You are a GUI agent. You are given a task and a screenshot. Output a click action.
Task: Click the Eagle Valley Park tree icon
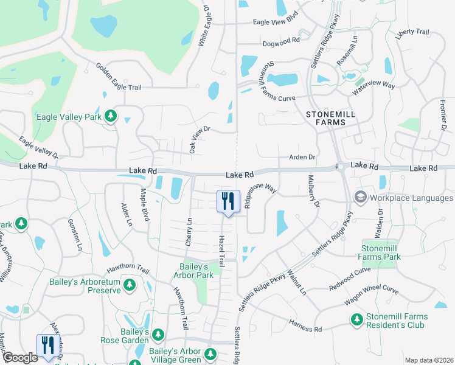click(110, 116)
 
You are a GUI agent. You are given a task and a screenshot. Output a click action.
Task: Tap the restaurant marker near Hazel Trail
click(227, 201)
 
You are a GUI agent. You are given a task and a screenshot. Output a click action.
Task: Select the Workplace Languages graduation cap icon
click(360, 198)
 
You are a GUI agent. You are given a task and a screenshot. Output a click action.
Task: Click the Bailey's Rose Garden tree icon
click(158, 335)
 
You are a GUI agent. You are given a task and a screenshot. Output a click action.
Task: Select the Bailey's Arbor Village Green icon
click(210, 353)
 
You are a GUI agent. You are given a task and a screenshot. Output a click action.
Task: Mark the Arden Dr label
click(303, 157)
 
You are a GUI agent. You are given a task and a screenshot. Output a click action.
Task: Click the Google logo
click(20, 358)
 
